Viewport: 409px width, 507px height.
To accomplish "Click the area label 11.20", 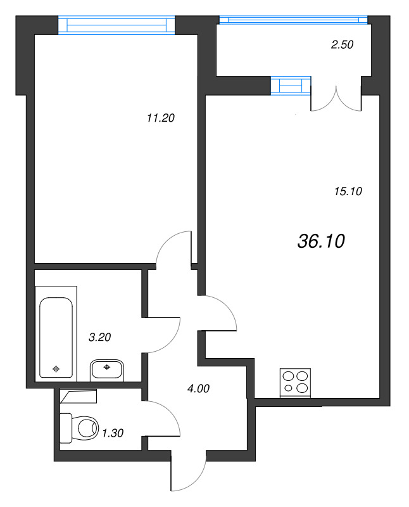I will click(x=160, y=117).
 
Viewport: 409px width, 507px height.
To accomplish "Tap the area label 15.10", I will click(x=346, y=191).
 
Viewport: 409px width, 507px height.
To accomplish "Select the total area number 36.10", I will click(x=320, y=241).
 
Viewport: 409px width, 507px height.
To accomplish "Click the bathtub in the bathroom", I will click(x=58, y=338).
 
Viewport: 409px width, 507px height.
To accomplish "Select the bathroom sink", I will click(x=107, y=369).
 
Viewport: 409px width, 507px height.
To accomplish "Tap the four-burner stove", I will click(x=296, y=382).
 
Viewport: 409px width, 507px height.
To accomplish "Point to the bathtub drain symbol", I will click(x=56, y=368).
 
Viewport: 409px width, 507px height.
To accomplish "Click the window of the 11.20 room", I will click(x=116, y=24).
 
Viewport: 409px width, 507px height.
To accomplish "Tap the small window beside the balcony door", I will click(x=291, y=85).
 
